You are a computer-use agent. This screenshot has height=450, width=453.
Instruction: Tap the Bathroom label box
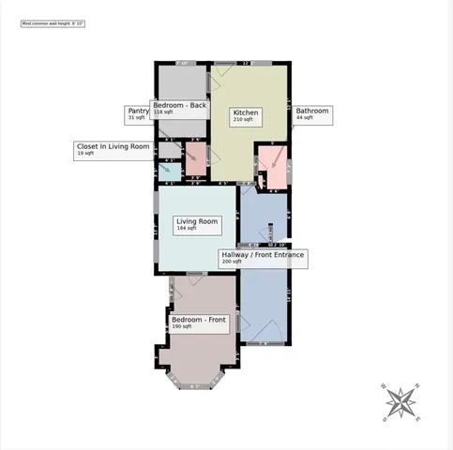(x=313, y=114)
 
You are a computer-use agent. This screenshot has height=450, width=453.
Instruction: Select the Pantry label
(x=138, y=113)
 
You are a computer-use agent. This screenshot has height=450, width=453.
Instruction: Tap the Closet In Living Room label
(x=113, y=148)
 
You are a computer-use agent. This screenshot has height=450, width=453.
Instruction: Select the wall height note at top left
(x=53, y=22)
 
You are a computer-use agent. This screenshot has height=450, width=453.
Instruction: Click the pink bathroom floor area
(x=275, y=166)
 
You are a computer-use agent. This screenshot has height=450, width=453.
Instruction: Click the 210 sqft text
(x=244, y=120)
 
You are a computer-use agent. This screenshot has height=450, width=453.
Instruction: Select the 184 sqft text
(x=187, y=228)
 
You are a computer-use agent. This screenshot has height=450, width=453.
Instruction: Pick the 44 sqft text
(x=305, y=118)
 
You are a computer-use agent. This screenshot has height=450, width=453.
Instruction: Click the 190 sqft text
(x=182, y=327)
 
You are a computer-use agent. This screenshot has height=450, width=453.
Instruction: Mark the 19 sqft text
(x=86, y=153)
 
